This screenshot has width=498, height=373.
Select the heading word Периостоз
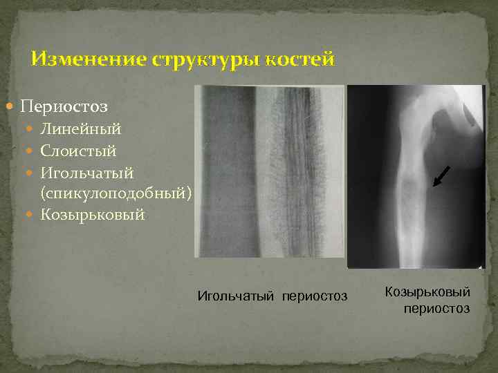64,107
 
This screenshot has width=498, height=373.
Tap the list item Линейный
80,129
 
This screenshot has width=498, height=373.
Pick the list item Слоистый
78,151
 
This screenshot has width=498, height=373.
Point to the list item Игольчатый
86,172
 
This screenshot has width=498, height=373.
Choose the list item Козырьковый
93,215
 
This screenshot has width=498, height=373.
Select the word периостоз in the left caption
315,296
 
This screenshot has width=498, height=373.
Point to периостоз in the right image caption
436,308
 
